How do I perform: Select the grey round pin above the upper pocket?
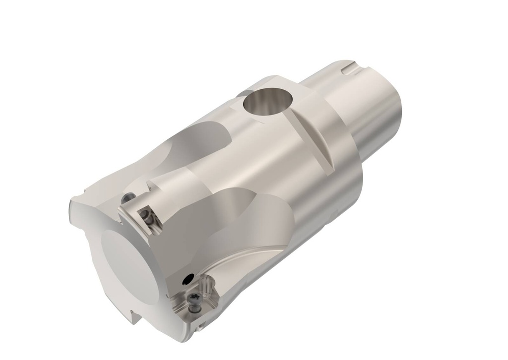pos(127,198)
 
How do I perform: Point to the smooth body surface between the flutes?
pos(258,164)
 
